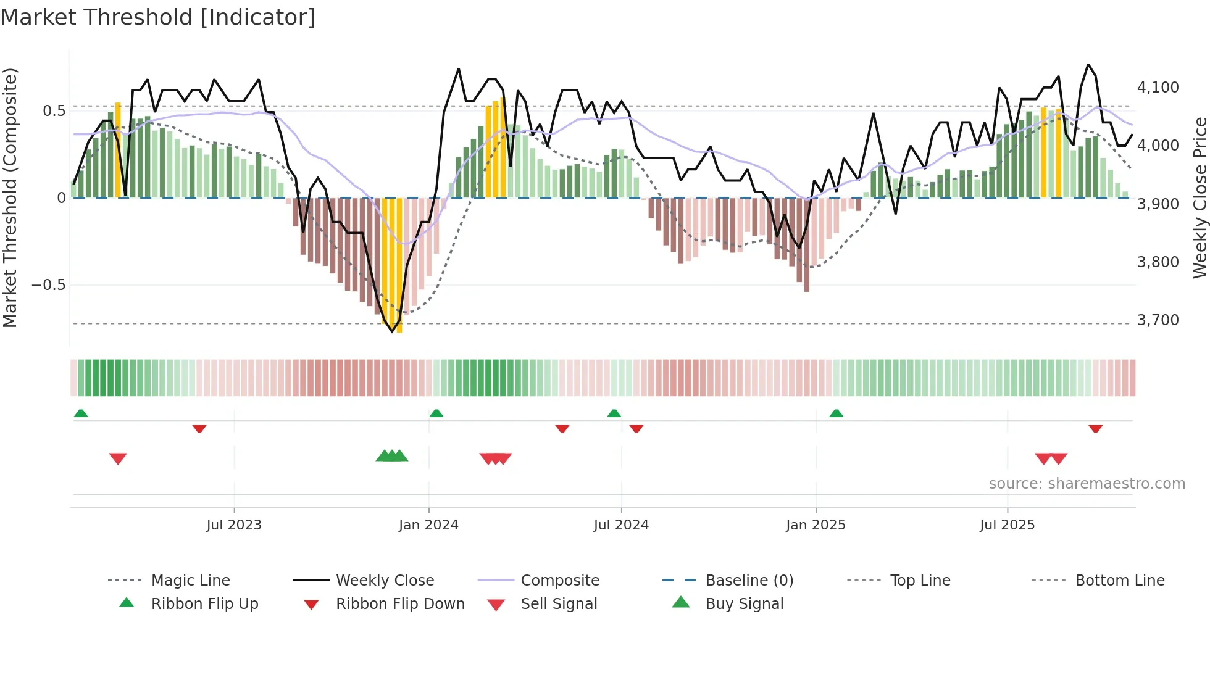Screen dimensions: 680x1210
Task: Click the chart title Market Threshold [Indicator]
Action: coord(158,17)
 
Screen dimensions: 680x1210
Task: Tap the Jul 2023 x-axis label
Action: coord(234,525)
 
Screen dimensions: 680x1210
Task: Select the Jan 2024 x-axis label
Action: coord(428,525)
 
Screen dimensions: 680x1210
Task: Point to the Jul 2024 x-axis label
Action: coord(621,525)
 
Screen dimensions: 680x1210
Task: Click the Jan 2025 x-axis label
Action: coord(816,525)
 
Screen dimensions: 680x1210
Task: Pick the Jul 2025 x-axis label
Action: coord(1007,525)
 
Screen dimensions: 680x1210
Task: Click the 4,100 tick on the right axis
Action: coord(1158,88)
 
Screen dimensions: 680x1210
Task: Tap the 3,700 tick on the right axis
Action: coord(1158,320)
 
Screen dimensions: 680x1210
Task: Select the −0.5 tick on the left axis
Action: coord(48,285)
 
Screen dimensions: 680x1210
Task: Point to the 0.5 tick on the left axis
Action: coord(54,111)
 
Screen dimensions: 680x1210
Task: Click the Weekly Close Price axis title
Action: coord(1200,197)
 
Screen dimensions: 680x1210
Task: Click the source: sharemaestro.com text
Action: coord(1087,484)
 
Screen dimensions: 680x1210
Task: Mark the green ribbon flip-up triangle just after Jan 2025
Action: coord(836,413)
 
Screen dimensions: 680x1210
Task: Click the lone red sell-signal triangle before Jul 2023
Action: coord(118,458)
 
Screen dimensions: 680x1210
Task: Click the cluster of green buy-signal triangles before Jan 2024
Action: coord(392,456)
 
